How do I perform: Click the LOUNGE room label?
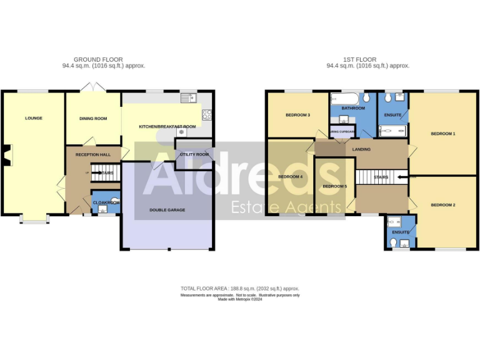(x=34, y=118)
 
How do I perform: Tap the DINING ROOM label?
(x=93, y=118)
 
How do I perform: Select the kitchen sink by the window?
(x=187, y=98)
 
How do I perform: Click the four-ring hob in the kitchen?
(x=207, y=114)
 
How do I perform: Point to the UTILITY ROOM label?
(x=194, y=154)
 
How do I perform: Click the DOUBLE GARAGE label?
(x=167, y=210)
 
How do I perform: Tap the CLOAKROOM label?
(x=106, y=202)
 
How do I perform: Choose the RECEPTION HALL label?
(x=93, y=154)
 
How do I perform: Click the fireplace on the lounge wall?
(x=5, y=155)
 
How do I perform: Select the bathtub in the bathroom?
(x=346, y=99)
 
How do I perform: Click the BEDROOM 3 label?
(x=298, y=115)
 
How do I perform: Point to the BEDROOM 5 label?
(x=334, y=186)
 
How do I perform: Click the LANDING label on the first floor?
(x=361, y=149)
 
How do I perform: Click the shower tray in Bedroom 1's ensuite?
(x=393, y=131)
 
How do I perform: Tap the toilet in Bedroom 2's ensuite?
(x=392, y=221)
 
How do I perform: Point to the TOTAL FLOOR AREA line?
(x=240, y=289)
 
